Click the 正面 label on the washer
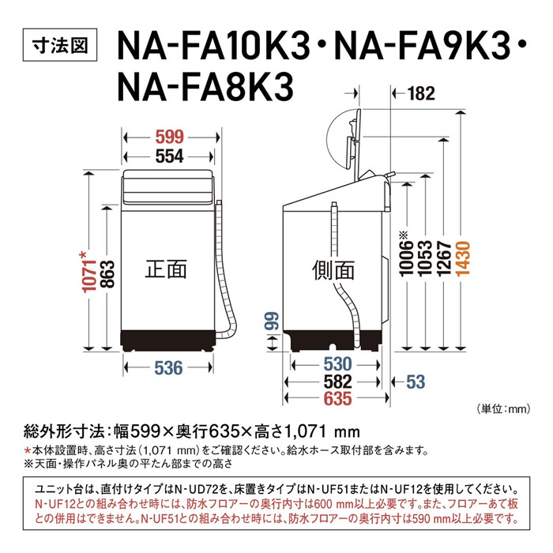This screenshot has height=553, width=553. tap(166, 269)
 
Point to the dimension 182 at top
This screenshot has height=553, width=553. tap(421, 94)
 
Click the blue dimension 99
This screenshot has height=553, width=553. tap(269, 321)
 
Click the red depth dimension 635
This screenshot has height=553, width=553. tap(334, 399)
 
